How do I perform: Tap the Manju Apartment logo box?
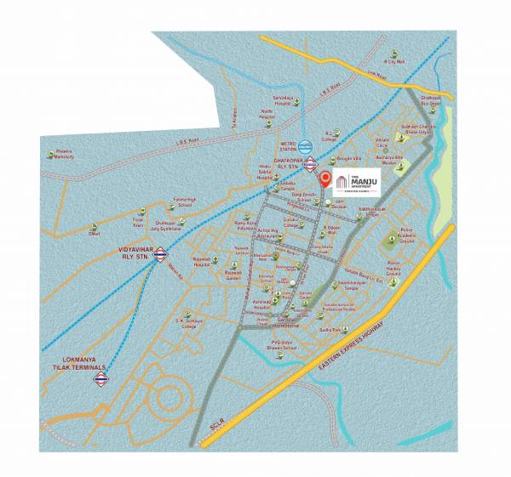(356, 182)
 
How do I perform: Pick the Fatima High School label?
(185, 202)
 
